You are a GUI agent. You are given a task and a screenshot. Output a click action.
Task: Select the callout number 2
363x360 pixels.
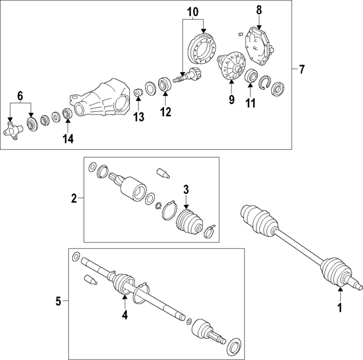point(74,198)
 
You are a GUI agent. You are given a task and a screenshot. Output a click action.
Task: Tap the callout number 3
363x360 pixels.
point(185,189)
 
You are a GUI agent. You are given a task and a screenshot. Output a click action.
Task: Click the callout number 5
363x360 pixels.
point(58,302)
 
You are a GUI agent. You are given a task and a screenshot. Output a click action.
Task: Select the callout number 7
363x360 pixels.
point(301,70)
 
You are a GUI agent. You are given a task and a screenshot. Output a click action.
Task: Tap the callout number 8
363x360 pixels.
point(259,10)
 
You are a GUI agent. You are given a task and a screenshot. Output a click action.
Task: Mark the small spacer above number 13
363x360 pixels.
point(137,92)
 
